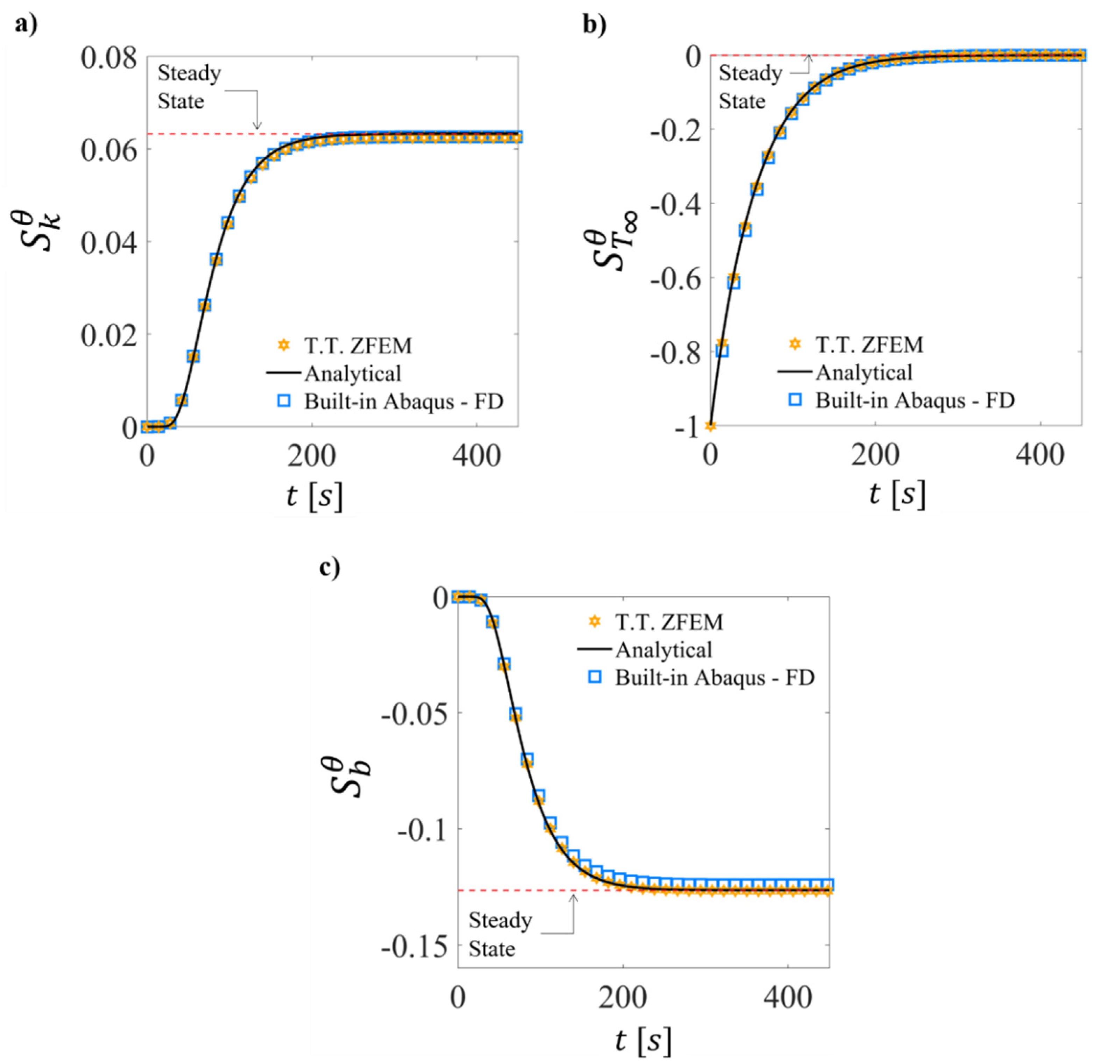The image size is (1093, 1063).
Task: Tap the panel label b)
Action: (x=594, y=25)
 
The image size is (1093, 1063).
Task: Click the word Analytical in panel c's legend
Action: (x=663, y=650)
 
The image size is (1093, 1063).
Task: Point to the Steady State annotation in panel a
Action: (x=189, y=87)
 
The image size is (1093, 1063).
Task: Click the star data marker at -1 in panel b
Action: (x=711, y=426)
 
